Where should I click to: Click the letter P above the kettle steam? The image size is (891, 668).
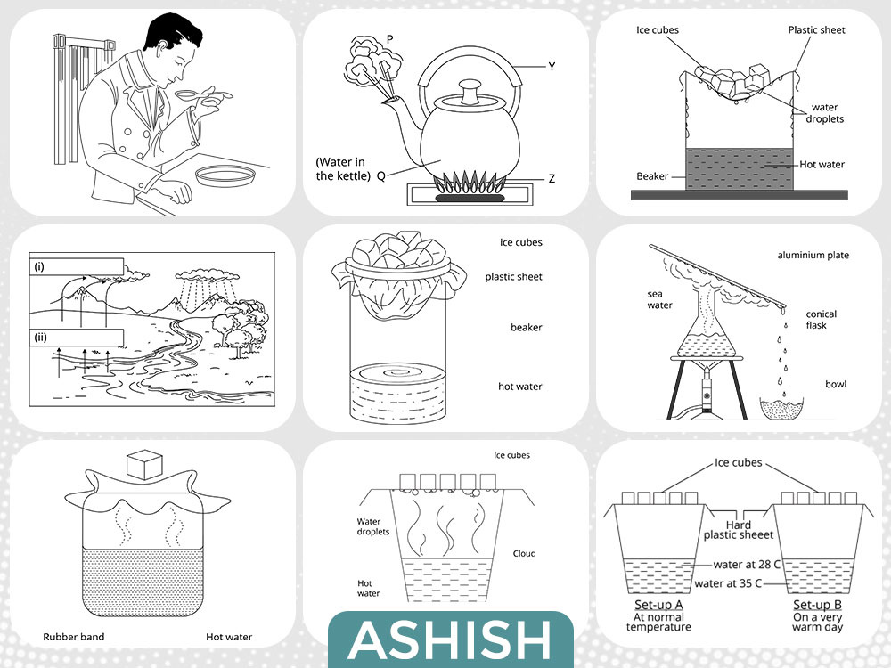(389, 39)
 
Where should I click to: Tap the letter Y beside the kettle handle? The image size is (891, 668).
(552, 67)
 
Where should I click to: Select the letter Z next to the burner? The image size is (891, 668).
(552, 178)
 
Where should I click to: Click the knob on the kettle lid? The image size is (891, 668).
(467, 86)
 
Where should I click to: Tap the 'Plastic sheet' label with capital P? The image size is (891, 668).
(816, 30)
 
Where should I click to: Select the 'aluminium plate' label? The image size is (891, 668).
(812, 256)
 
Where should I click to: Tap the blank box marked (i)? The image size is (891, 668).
(75, 266)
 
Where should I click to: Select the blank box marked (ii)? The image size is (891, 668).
(75, 338)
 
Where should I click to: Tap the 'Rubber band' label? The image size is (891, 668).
(74, 637)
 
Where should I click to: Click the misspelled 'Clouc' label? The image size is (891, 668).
(524, 554)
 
